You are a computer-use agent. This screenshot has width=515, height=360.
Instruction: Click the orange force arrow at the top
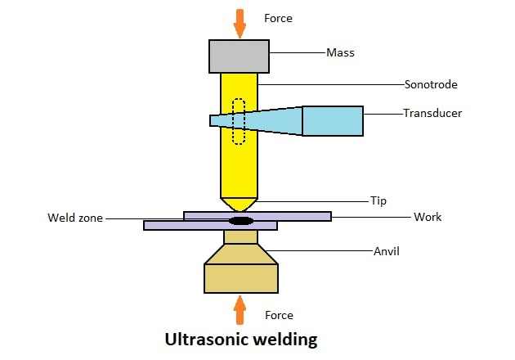[240, 23]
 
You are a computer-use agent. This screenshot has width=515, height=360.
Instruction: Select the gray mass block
[240, 56]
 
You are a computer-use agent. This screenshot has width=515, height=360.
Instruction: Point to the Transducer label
[432, 113]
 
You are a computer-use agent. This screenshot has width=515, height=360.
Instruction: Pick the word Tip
[378, 200]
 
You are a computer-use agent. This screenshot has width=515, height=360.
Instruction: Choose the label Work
[428, 217]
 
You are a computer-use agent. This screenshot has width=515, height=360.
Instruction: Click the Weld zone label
[75, 218]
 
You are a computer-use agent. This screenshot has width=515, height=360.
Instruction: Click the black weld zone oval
[240, 220]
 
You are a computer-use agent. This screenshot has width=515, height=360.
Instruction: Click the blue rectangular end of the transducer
[333, 120]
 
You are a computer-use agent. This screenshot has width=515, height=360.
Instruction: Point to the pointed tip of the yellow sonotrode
[240, 205]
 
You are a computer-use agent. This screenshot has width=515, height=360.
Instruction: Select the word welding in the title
[282, 339]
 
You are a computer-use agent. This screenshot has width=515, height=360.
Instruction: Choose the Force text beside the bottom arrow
[279, 315]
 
